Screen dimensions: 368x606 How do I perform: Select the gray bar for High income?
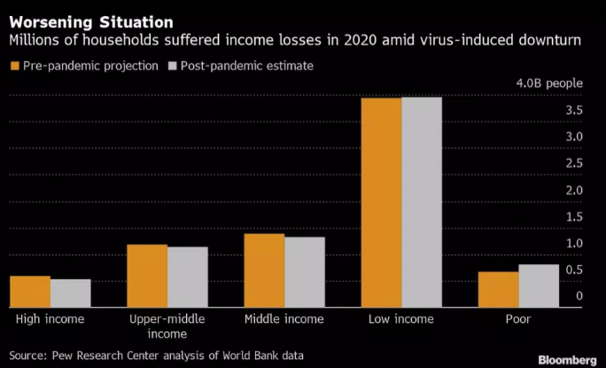tap(70, 294)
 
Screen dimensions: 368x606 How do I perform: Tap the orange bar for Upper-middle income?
tap(147, 276)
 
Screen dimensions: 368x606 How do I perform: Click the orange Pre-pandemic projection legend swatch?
tap(14, 67)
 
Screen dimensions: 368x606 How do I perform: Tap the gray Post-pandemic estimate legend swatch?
tap(174, 67)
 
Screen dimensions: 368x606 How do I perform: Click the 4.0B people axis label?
tap(549, 83)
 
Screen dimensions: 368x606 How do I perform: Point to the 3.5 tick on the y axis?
tap(574, 110)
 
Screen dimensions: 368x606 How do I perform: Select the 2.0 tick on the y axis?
tap(574, 190)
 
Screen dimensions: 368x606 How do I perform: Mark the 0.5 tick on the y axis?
tap(574, 270)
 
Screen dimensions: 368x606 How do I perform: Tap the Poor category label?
tap(518, 318)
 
